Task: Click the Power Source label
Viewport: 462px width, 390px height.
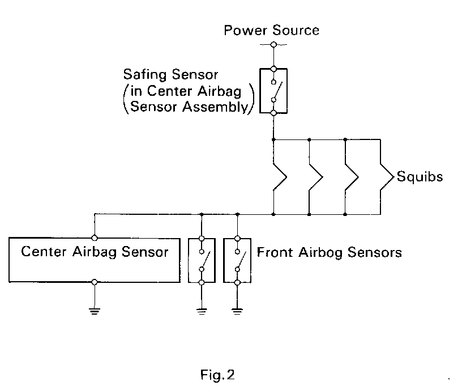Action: point(271,31)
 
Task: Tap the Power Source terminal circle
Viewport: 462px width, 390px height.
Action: point(273,45)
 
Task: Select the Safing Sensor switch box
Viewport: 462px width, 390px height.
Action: point(273,91)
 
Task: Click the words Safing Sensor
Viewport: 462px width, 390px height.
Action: point(170,75)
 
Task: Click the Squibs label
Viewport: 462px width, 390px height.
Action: point(420,176)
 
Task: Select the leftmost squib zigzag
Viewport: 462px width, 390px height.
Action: point(280,177)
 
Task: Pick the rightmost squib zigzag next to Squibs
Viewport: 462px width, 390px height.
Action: point(387,177)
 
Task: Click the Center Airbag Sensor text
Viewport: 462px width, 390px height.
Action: point(95,252)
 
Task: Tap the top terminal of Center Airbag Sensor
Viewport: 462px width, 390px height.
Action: point(95,238)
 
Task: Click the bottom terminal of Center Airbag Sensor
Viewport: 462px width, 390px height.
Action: point(95,282)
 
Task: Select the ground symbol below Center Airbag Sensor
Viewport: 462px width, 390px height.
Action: point(95,311)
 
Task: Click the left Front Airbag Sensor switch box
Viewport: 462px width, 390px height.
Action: point(202,261)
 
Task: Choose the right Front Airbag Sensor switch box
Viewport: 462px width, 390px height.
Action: point(237,261)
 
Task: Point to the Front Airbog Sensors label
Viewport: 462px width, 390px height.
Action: point(330,252)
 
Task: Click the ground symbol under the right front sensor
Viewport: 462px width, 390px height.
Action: point(237,311)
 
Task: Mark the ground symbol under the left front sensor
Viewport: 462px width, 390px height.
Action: point(202,311)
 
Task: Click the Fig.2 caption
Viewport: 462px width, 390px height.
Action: point(217,375)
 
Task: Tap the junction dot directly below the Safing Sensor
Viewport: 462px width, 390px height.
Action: point(273,139)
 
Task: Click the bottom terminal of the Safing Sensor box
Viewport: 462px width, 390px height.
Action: point(273,113)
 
